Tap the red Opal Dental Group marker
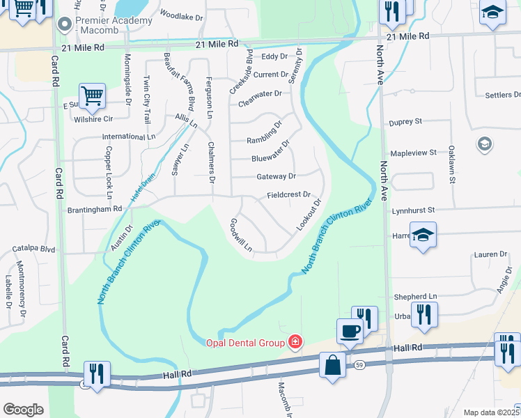(x=295, y=342)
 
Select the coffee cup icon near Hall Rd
(x=350, y=331)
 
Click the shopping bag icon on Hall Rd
(x=333, y=364)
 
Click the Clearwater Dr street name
(x=260, y=93)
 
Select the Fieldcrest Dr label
(x=288, y=196)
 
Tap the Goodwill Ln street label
(x=240, y=234)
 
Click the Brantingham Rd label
(x=95, y=208)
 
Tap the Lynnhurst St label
(x=413, y=209)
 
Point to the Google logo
(x=23, y=409)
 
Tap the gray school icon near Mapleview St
(x=484, y=144)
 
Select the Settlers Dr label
(x=497, y=95)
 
